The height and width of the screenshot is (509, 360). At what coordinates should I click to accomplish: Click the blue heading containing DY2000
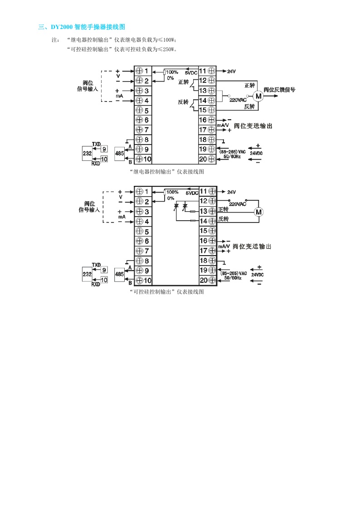tap(81, 27)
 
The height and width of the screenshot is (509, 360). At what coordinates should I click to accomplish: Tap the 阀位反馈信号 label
tap(279, 90)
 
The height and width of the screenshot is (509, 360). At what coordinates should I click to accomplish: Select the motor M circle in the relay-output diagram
tap(258, 96)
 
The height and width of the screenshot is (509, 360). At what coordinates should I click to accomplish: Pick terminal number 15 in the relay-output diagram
tap(203, 110)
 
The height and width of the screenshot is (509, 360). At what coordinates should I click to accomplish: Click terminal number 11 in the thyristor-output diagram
tap(203, 191)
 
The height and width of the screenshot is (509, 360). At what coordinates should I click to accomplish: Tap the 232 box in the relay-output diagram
tap(87, 154)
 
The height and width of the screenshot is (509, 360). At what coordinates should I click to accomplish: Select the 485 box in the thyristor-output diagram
tap(119, 274)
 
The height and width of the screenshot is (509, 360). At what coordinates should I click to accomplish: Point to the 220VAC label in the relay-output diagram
tap(238, 100)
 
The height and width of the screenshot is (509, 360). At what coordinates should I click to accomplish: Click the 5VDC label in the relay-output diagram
tap(191, 73)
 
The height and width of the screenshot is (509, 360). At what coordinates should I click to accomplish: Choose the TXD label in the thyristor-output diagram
tap(96, 264)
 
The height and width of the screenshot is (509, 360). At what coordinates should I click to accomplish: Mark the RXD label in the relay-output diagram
tap(96, 164)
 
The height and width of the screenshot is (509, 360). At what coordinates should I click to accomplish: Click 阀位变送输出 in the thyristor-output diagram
tap(252, 247)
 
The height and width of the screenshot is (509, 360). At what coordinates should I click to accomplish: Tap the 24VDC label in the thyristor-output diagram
tap(257, 275)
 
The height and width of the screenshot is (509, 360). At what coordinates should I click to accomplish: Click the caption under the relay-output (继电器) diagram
tap(167, 172)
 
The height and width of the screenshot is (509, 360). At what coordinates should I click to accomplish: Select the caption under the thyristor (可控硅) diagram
tap(167, 292)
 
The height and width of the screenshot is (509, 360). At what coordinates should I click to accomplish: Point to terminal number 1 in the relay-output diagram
tap(146, 71)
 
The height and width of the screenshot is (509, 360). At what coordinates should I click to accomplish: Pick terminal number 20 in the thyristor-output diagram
tap(203, 281)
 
